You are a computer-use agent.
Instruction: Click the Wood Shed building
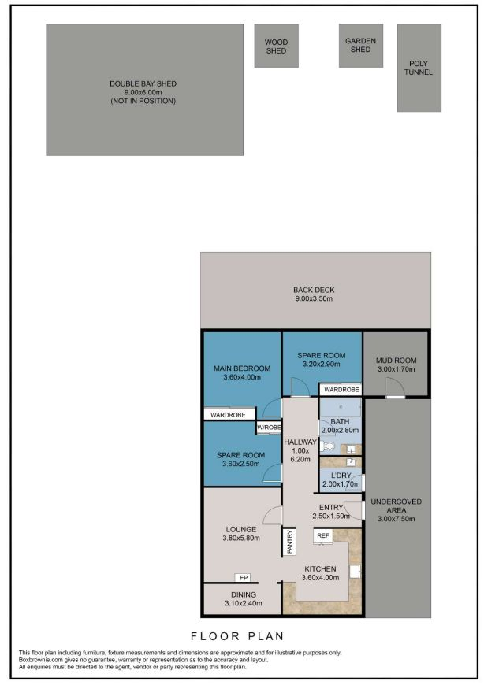[x=277, y=46]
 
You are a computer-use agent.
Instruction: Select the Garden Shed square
[x=361, y=46]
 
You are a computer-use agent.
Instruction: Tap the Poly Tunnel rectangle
[x=419, y=68]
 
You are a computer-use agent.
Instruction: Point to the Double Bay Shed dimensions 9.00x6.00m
[x=143, y=92]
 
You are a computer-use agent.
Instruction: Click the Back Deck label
[x=314, y=290]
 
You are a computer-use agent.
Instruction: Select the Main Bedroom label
[x=242, y=368]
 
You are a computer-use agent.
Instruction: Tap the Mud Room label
[x=397, y=361]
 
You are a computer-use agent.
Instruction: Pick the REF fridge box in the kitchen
[x=322, y=535]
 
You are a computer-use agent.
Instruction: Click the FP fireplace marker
[x=244, y=578]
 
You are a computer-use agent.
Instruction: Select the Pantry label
[x=289, y=542]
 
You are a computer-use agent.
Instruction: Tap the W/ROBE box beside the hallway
[x=269, y=428]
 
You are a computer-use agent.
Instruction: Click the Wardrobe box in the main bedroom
[x=229, y=414]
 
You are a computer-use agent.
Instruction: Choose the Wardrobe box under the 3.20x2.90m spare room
[x=341, y=389]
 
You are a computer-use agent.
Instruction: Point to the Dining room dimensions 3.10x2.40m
[x=244, y=603]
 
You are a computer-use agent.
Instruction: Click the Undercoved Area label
[x=397, y=506]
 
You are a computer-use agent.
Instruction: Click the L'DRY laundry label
[x=341, y=476]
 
